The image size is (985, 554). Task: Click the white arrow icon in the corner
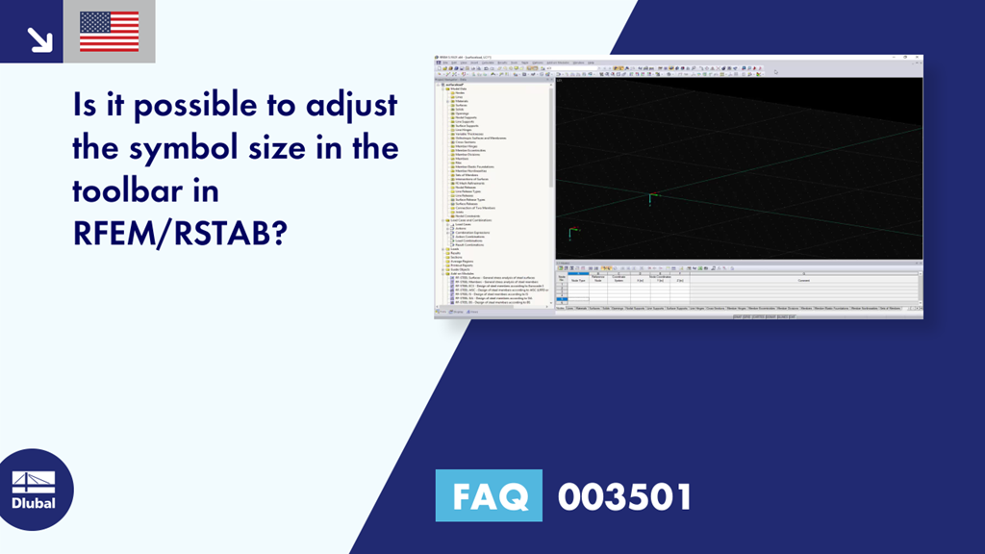[x=39, y=38]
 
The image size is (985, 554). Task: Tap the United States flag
[x=109, y=32]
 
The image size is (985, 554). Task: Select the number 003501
[x=624, y=496]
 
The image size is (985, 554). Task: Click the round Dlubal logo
[x=35, y=490]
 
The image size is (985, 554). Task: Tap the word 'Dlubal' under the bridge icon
[x=34, y=503]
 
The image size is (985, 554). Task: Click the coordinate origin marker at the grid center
[x=651, y=198]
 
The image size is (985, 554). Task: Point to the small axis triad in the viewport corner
[x=572, y=232]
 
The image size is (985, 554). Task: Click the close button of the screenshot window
[x=918, y=59]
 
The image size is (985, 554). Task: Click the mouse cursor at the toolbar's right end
[x=775, y=71]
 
